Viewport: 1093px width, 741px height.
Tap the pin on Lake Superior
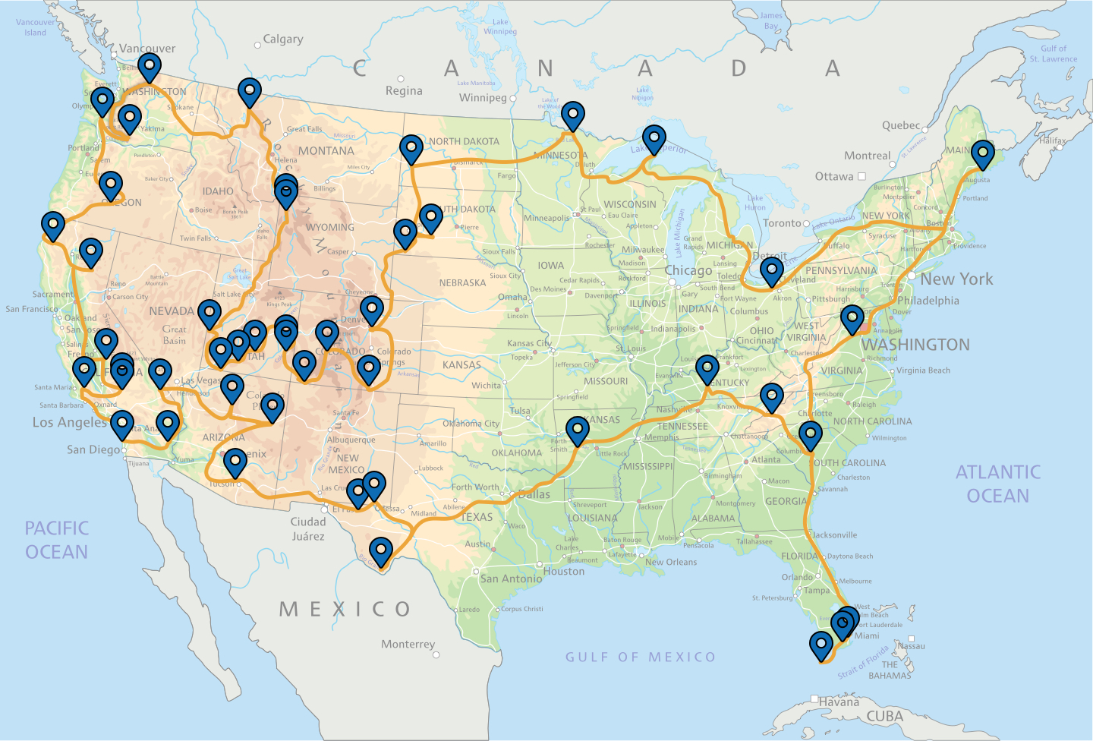(654, 138)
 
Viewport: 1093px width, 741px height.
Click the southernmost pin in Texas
(380, 550)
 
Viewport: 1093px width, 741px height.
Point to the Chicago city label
(688, 270)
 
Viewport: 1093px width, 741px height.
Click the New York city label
(956, 279)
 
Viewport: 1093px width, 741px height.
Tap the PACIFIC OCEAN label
(56, 540)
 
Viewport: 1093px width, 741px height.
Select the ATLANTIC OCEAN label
(997, 484)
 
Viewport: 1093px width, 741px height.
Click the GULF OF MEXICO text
(640, 657)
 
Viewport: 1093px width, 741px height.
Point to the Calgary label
(282, 39)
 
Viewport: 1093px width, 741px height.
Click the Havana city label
(839, 702)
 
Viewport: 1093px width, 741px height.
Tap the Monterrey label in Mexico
(408, 644)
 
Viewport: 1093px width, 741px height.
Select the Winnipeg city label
(482, 97)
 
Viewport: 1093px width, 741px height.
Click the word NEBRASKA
(462, 282)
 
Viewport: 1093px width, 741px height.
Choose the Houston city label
(563, 571)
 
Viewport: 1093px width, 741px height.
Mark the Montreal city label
(867, 156)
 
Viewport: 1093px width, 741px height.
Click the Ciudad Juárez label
(307, 528)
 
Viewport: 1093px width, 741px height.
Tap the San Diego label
(93, 449)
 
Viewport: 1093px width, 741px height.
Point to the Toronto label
(782, 223)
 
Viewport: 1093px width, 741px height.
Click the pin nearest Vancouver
(150, 67)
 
